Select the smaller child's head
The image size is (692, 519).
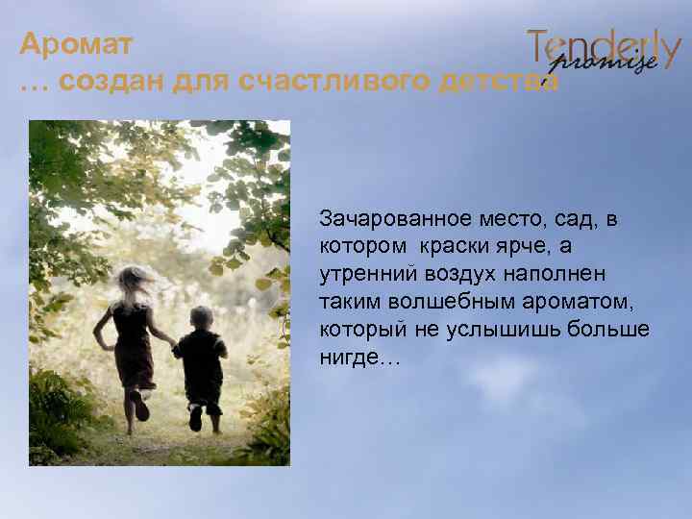[x=201, y=316]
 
